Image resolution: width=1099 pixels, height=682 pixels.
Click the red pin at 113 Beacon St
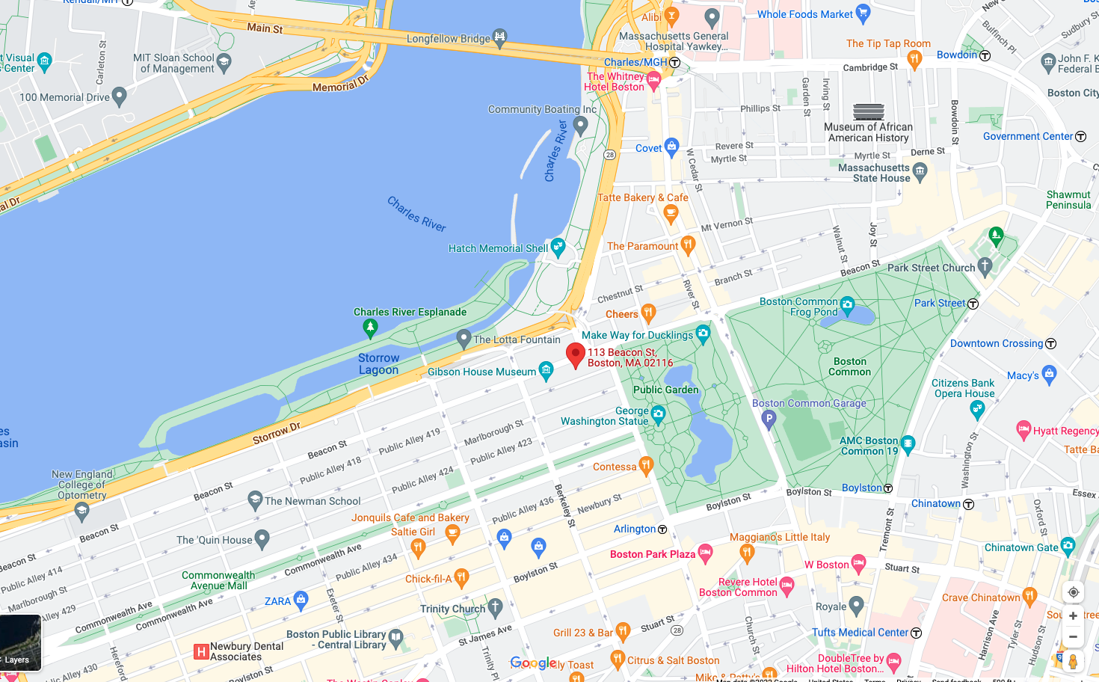575,354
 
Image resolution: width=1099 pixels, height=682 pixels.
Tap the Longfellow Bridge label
448,38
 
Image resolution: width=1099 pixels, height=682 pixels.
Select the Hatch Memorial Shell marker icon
558,248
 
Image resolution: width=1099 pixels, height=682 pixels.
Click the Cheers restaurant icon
648,313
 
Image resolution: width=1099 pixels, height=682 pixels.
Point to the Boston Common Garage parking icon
769,420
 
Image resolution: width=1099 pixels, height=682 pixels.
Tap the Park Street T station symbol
973,304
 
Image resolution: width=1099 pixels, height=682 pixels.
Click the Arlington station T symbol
662,529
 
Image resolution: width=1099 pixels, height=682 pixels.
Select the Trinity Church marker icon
495,606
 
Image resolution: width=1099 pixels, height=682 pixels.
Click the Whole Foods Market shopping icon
863,13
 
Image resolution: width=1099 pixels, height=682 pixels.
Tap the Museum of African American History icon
868,112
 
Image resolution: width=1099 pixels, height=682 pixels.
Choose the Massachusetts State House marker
920,172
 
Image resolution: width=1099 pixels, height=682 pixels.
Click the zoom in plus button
1073,615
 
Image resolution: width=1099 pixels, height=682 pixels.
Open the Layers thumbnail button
20,642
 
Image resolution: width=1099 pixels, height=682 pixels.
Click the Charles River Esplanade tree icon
370,327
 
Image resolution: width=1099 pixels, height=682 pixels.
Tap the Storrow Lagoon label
378,363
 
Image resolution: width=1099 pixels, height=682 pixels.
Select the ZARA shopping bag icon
301,600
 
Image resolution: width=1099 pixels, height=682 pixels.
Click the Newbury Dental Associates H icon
200,651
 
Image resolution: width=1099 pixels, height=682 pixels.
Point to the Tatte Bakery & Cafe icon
671,214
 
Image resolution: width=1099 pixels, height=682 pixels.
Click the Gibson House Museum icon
547,369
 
